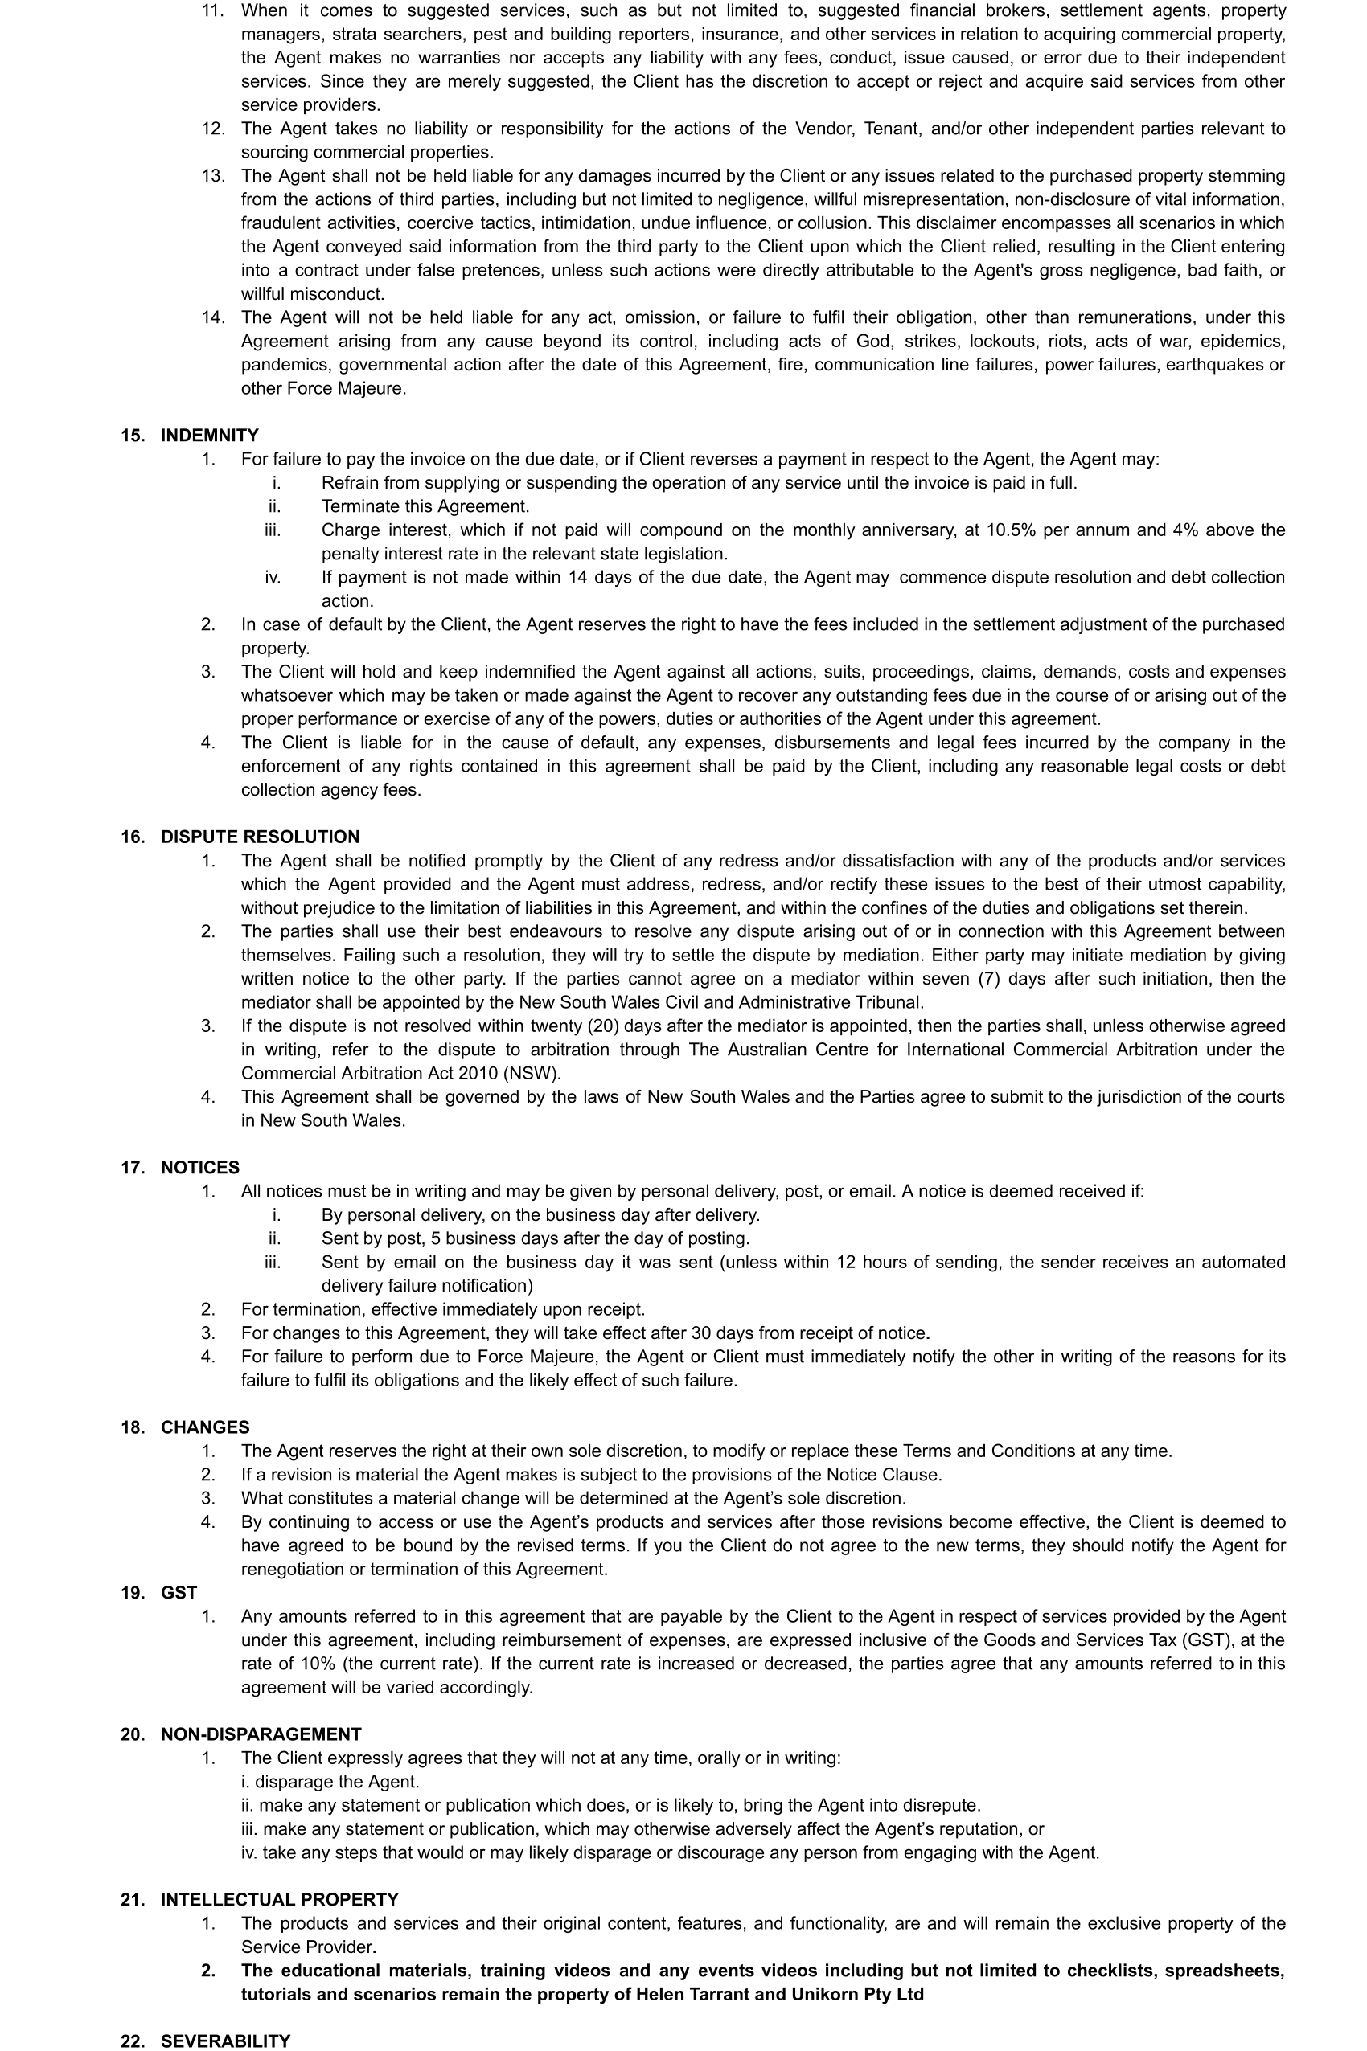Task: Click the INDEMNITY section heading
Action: pos(209,435)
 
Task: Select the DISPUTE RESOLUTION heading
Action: pos(260,837)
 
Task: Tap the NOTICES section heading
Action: pos(199,1167)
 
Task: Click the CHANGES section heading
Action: pos(205,1427)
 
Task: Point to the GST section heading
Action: pos(179,1592)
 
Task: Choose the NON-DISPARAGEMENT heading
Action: pos(261,1733)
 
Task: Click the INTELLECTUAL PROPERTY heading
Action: pos(279,1898)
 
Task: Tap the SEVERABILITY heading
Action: pos(225,2041)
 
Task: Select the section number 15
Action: pos(133,435)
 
